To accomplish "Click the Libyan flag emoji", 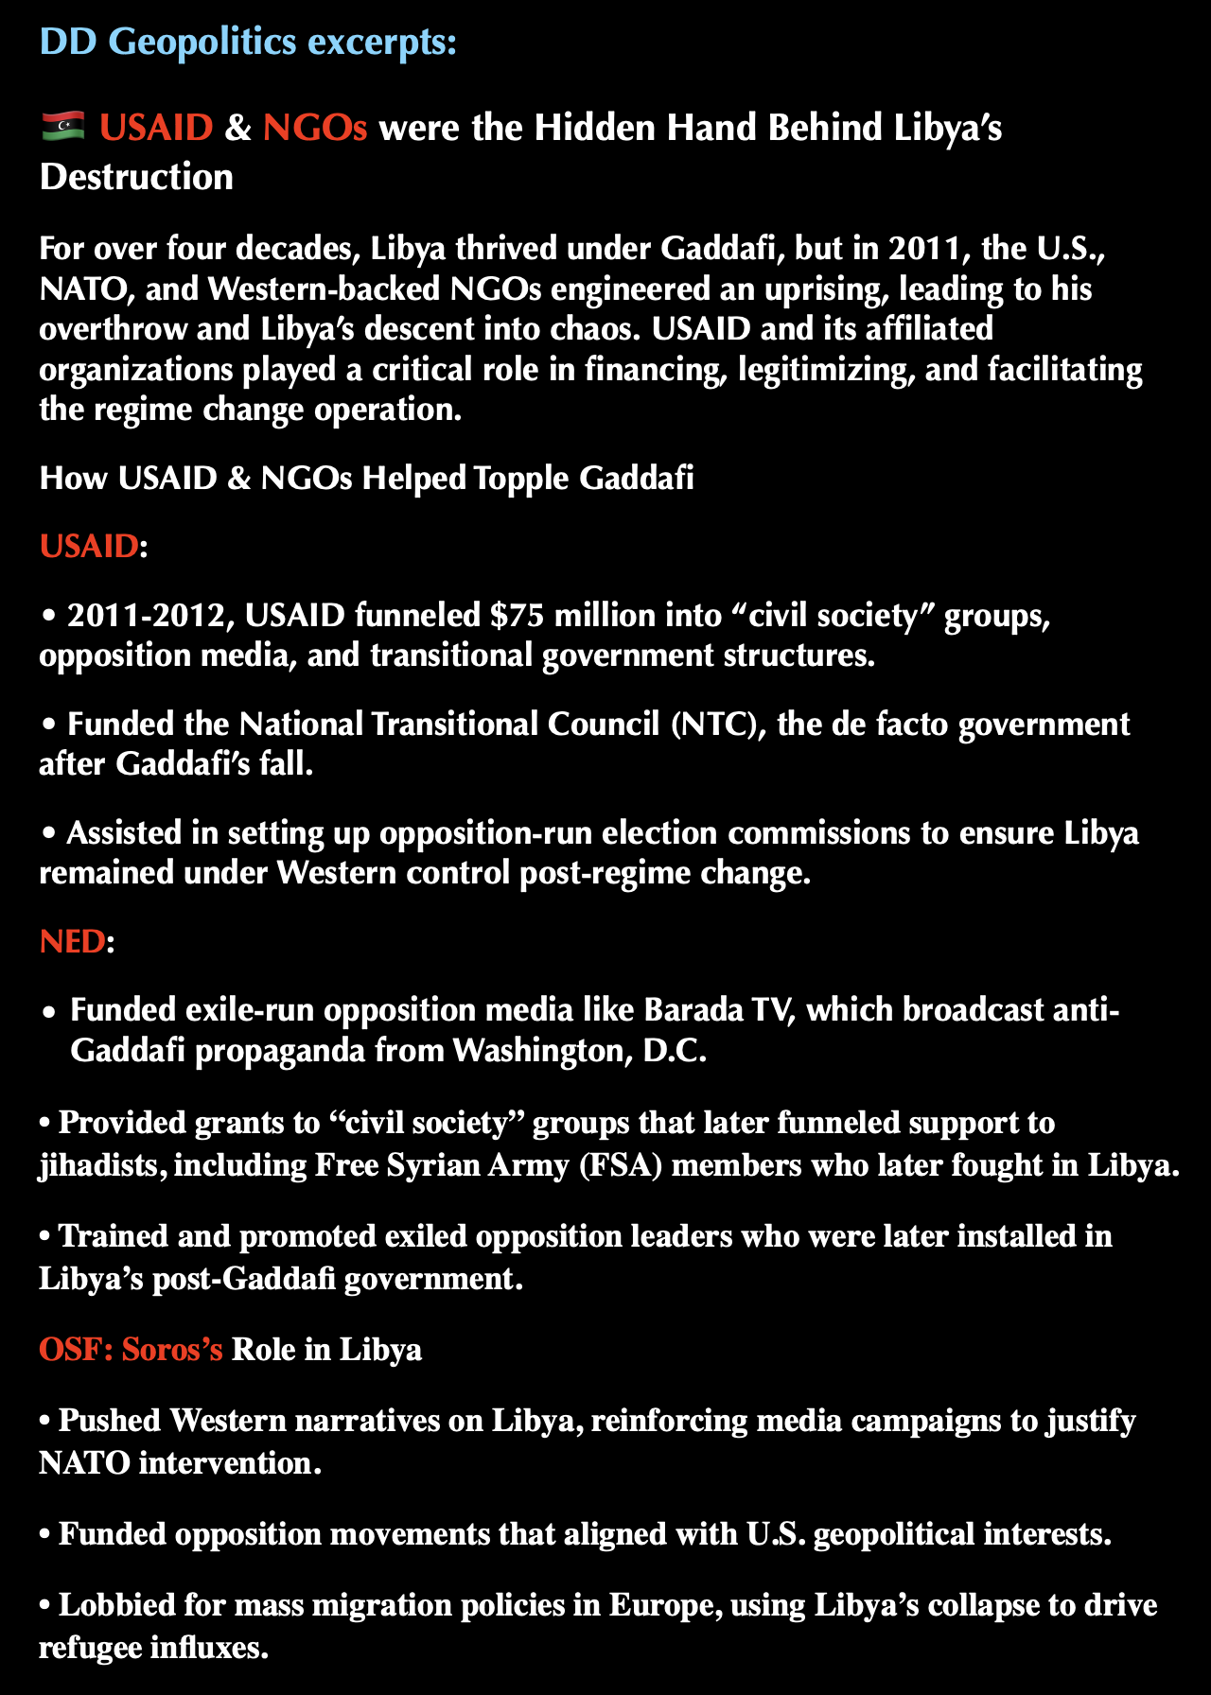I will (x=63, y=126).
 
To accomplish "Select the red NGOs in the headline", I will (x=314, y=127).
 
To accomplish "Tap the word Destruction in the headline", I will (x=136, y=177).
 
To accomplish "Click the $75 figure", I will (x=517, y=616).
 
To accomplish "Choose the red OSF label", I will (x=76, y=1348).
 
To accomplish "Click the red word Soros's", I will (x=172, y=1348).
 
